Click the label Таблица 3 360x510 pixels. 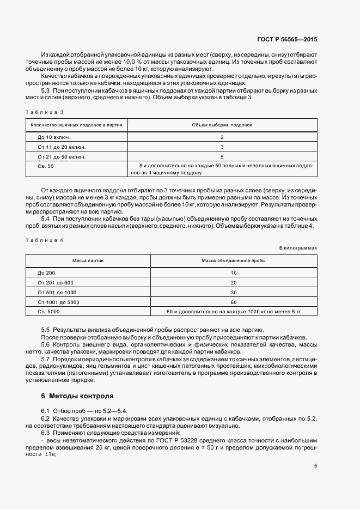click(45, 112)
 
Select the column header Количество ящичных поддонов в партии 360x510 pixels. click(80, 125)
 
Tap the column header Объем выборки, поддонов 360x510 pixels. click(222, 125)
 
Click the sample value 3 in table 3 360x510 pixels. click(222, 147)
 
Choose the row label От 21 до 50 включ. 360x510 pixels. click(62, 156)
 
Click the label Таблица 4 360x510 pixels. click(45, 240)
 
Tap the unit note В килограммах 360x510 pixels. click(298, 248)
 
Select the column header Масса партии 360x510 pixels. click(80, 260)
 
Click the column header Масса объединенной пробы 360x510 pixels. click(234, 260)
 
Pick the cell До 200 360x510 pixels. click(46, 272)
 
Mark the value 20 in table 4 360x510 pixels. click(234, 282)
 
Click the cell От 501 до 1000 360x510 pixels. click(57, 292)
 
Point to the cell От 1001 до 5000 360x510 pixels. click(59, 302)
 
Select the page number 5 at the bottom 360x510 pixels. click(315, 466)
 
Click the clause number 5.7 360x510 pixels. click(46, 360)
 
